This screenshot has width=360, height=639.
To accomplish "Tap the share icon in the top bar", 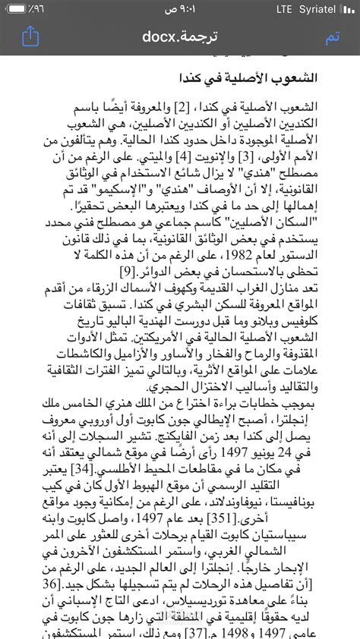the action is coord(30,36).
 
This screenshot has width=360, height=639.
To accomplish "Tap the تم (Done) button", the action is coord(332,37).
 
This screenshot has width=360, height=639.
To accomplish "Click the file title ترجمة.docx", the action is coord(180,37).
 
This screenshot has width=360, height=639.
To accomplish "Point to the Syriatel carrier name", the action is coord(330,9).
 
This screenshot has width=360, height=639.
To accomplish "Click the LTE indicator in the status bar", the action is coord(284,9).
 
